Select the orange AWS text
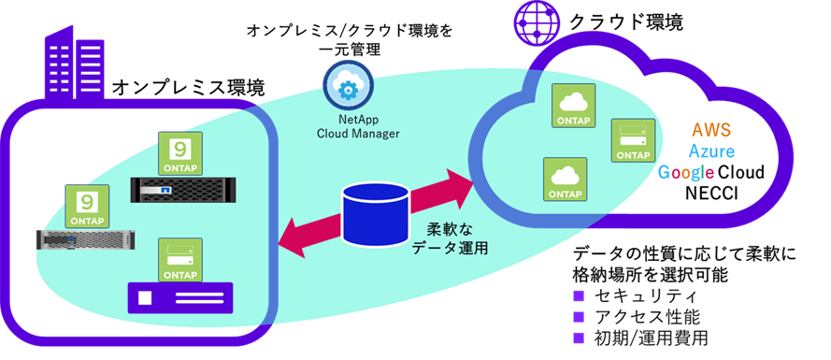[x=710, y=129]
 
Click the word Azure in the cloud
[x=711, y=151]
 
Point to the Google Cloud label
[x=710, y=172]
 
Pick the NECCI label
[x=711, y=193]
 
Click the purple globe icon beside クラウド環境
[x=536, y=23]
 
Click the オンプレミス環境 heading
[x=188, y=88]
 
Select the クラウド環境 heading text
[x=626, y=22]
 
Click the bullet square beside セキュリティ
[x=579, y=295]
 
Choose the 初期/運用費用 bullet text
[x=652, y=338]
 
